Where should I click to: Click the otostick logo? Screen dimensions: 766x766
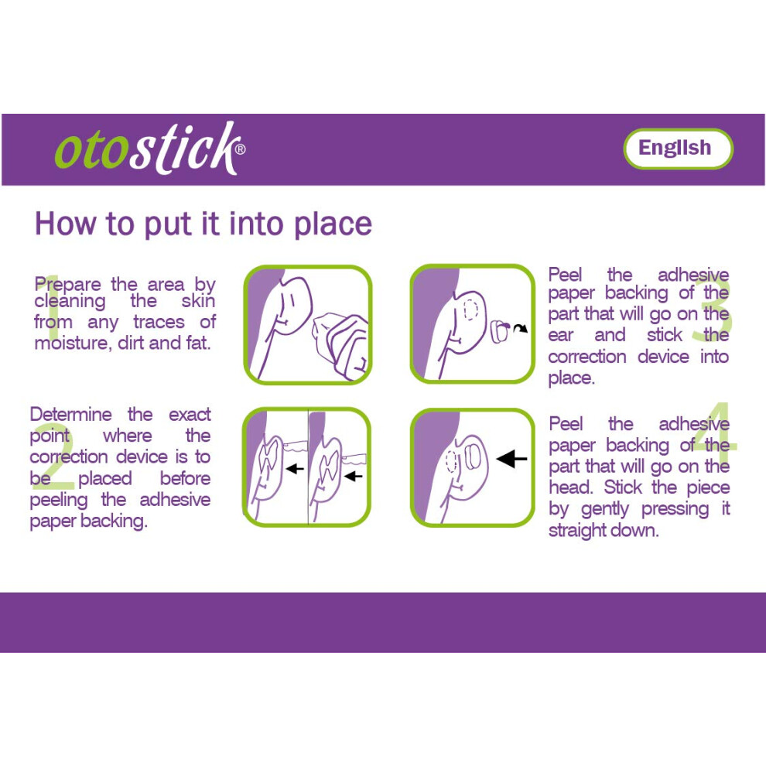tap(150, 148)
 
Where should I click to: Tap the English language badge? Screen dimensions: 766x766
tap(678, 149)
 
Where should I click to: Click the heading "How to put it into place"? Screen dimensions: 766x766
tap(203, 224)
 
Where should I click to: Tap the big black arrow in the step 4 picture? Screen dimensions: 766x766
tap(511, 459)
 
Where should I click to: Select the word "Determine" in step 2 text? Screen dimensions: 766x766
tap(71, 415)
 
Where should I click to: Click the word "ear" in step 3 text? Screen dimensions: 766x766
tap(560, 335)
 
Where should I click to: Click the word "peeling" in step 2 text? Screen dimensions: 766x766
tap(59, 501)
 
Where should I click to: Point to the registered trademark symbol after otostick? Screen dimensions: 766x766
tap(241, 149)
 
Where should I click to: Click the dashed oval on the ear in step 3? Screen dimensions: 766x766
tap(470, 309)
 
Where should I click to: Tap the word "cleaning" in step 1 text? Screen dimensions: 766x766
tap(70, 302)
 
